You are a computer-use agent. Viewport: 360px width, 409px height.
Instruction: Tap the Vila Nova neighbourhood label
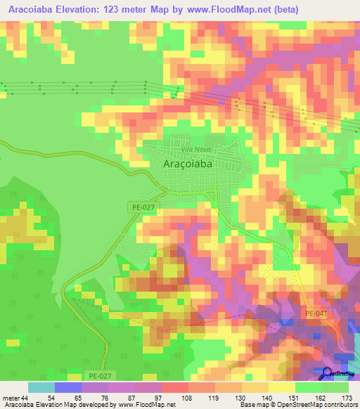pyautogui.click(x=196, y=150)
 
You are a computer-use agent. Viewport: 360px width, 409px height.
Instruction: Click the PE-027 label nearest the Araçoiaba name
pyautogui.click(x=142, y=207)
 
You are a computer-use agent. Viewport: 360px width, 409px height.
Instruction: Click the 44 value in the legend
pyautogui.click(x=25, y=397)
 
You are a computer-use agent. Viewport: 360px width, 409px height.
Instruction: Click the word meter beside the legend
pyautogui.click(x=10, y=397)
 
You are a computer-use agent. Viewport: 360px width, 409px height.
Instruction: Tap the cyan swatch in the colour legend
pyautogui.click(x=41, y=387)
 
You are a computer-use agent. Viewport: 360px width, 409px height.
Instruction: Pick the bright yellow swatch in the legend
pyautogui.click(x=282, y=387)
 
